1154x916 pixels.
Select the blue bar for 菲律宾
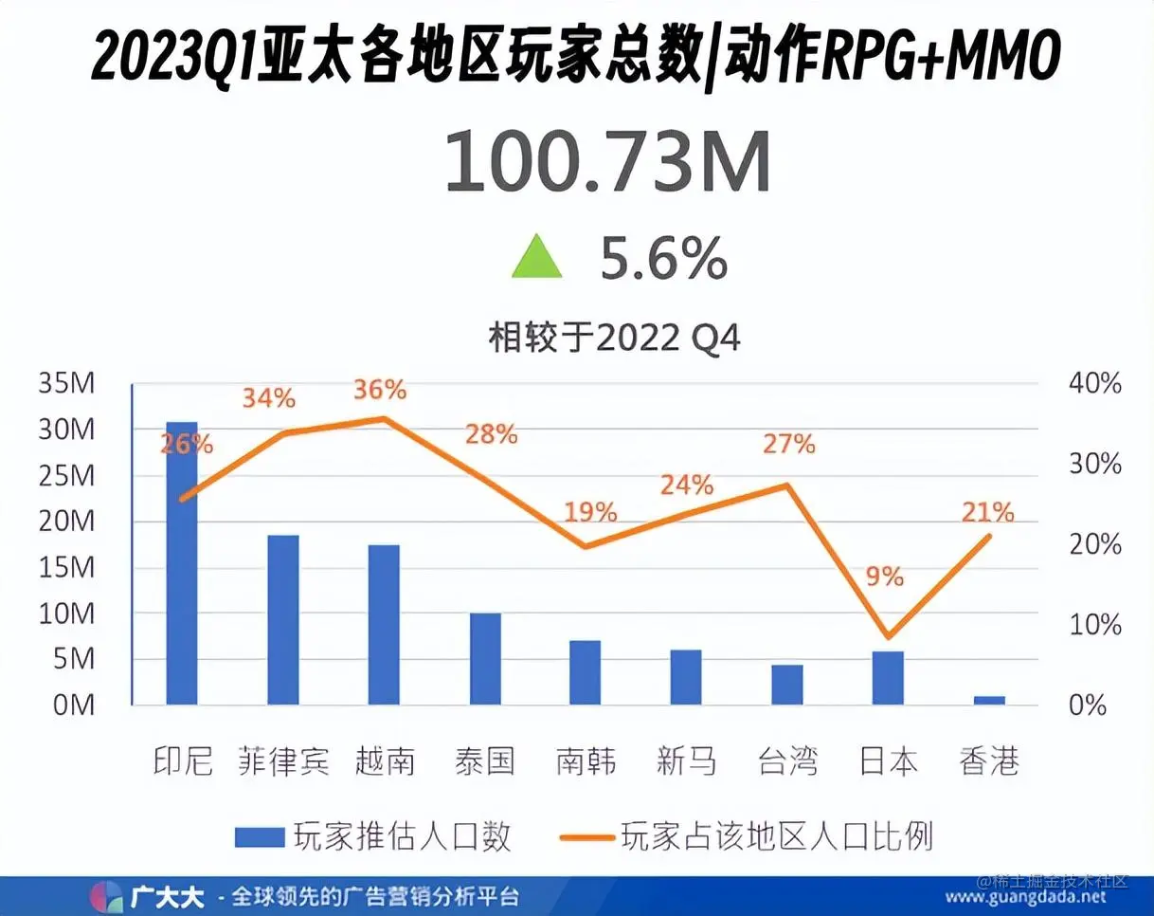click(x=282, y=620)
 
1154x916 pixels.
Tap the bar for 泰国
click(x=485, y=659)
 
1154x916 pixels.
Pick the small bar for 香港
click(x=989, y=700)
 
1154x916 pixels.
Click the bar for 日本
click(x=888, y=678)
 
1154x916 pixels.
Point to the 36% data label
click(x=380, y=390)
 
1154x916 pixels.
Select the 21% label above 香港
click(x=988, y=513)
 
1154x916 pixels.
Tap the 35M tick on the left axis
click(x=66, y=384)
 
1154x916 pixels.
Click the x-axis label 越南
click(x=385, y=761)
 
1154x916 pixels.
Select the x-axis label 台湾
click(x=788, y=761)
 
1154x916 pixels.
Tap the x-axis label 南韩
click(x=586, y=761)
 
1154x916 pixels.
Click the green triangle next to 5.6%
click(x=536, y=258)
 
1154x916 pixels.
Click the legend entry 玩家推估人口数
click(x=373, y=835)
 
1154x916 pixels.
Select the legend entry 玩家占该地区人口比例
click(x=748, y=835)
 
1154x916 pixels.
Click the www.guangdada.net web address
click(x=1026, y=897)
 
